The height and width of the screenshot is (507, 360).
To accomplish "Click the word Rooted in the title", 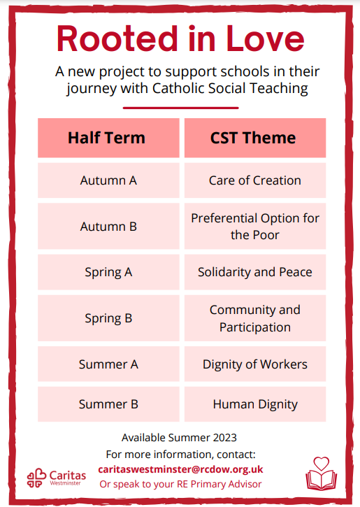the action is tap(117, 38).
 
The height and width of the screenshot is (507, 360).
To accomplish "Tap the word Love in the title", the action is tap(265, 38).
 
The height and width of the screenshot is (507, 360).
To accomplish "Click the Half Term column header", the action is tap(108, 138).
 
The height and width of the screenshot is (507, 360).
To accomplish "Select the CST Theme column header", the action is tap(255, 138).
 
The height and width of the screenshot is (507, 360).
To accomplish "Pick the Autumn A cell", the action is tap(108, 180).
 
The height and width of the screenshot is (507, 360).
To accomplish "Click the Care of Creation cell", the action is tap(255, 180).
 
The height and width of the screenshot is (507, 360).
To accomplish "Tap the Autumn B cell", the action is tap(108, 227).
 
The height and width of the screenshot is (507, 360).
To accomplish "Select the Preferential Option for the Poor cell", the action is tap(255, 227).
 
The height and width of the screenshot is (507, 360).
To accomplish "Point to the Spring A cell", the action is tap(108, 272).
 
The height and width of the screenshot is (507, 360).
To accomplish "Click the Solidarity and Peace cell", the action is tap(255, 272).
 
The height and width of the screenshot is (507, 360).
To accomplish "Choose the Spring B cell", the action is tap(108, 318).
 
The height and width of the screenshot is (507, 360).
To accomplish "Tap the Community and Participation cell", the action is tap(255, 318).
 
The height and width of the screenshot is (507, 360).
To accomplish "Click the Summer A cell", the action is tap(108, 364).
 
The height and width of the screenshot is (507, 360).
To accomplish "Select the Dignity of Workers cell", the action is tap(255, 364).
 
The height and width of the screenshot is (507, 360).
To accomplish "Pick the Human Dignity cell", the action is tap(255, 404).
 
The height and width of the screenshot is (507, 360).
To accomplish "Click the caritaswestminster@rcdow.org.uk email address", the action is tap(180, 469).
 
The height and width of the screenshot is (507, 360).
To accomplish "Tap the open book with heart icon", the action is tap(322, 473).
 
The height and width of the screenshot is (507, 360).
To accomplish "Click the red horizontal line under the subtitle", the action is tap(180, 108).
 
